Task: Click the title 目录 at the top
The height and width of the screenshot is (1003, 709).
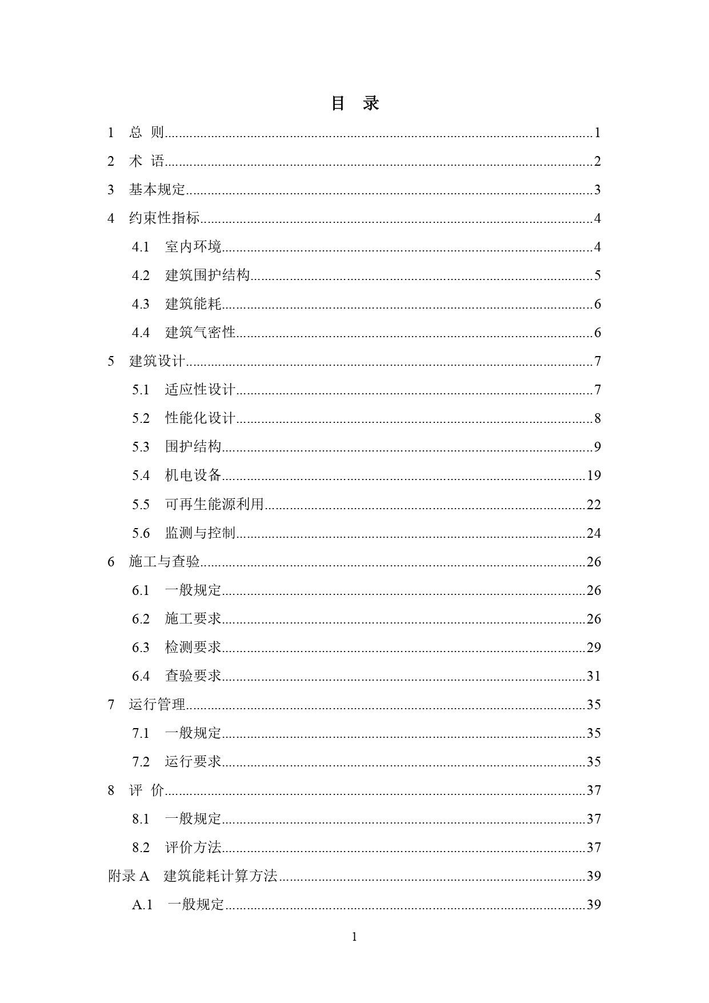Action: click(355, 103)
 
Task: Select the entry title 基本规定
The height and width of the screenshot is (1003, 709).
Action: click(157, 190)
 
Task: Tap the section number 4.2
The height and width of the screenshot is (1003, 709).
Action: click(141, 275)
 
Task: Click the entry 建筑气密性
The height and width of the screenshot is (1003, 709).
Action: click(200, 333)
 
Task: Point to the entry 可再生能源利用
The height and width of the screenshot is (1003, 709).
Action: click(214, 504)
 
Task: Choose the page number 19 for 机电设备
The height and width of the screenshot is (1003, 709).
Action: click(594, 475)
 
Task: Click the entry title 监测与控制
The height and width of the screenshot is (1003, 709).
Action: click(200, 533)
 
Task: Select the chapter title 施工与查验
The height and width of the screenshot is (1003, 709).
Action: click(165, 562)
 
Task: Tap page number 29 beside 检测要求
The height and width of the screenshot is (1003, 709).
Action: click(594, 648)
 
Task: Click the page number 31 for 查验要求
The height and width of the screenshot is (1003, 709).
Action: click(594, 676)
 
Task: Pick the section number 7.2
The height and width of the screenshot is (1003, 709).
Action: click(141, 762)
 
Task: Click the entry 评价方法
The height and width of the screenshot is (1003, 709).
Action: click(193, 848)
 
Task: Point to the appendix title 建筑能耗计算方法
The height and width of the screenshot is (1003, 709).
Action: click(221, 876)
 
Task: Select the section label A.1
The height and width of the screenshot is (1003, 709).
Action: click(142, 905)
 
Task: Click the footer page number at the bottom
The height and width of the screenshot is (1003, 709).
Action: click(354, 937)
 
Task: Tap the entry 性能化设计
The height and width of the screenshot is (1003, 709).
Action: click(200, 418)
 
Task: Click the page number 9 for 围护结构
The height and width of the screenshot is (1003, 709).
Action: click(597, 447)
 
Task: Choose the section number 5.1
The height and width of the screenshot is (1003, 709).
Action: click(141, 390)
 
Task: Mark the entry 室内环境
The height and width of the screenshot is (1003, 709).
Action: click(193, 247)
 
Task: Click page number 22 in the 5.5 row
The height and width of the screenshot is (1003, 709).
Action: click(594, 504)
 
